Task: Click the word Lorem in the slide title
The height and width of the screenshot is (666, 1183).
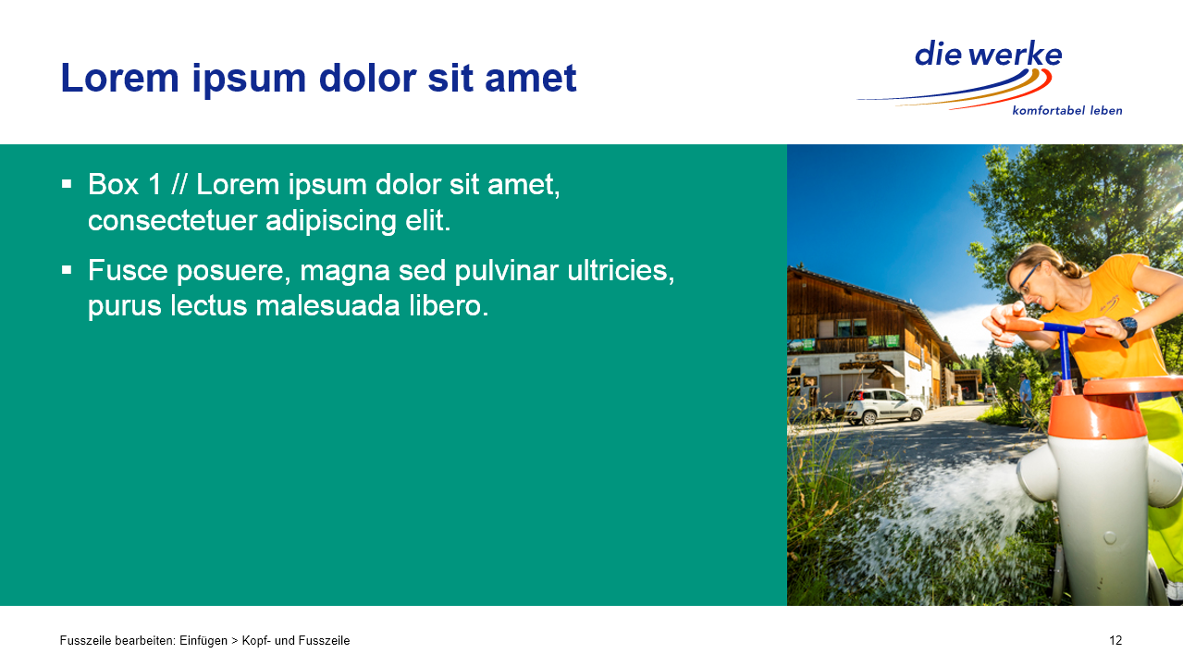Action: [x=120, y=79]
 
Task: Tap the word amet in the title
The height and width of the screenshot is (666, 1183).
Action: [x=530, y=79]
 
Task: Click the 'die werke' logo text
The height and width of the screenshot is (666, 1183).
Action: [x=988, y=54]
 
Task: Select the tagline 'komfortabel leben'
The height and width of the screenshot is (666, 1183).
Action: [x=1066, y=110]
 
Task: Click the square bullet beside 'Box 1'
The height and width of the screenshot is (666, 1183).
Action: [x=67, y=184]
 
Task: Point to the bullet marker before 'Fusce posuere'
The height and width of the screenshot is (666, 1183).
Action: [x=67, y=270]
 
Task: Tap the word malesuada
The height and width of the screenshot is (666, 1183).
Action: [x=327, y=306]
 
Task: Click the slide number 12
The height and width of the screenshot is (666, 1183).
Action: [x=1115, y=641]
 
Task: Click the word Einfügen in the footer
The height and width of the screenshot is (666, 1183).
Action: [x=203, y=641]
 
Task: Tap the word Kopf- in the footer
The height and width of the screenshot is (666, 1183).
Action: [x=256, y=641]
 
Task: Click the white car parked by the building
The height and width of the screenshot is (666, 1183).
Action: [x=883, y=406]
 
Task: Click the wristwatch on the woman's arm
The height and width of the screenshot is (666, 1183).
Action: [x=1127, y=328]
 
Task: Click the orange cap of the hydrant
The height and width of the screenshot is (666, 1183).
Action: [x=1109, y=408]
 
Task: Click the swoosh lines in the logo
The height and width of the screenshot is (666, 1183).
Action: [x=955, y=90]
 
